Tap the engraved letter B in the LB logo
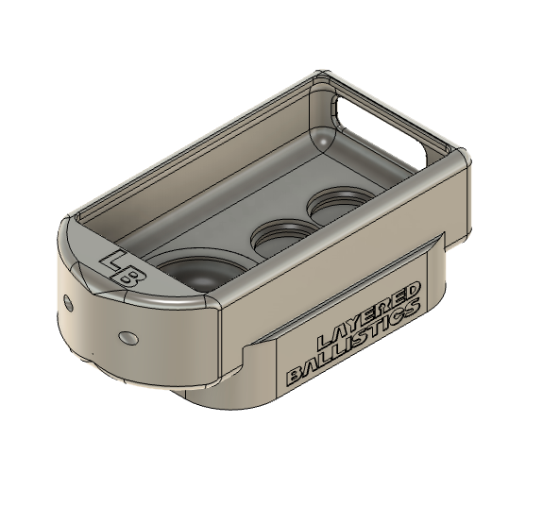coord(130,275)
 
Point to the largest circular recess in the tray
coord(199,269)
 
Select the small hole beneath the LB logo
coord(126,337)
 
